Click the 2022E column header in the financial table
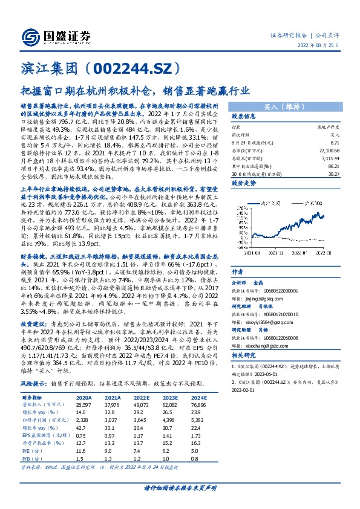tap(139, 398)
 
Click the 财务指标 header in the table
tap(35, 398)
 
